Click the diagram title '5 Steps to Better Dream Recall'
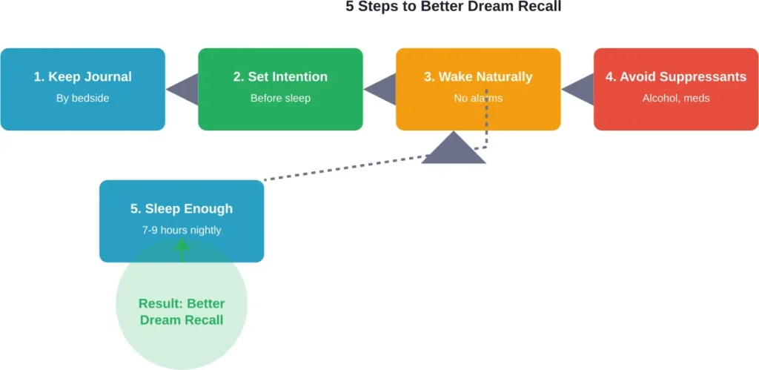coord(454,7)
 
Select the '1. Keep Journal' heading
coord(82,77)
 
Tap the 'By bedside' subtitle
coord(82,98)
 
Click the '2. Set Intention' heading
coord(280,77)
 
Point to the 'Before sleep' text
coord(280,98)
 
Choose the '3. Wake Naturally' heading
coord(478,77)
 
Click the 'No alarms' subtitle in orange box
coord(478,98)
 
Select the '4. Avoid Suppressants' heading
coord(676,77)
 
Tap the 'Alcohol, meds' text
coord(676,98)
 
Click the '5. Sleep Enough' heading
coord(182,209)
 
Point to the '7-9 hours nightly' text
coord(182,230)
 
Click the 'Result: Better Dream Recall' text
coord(182,311)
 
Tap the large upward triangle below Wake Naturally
coord(454,151)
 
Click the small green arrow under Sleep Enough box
coord(182,250)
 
